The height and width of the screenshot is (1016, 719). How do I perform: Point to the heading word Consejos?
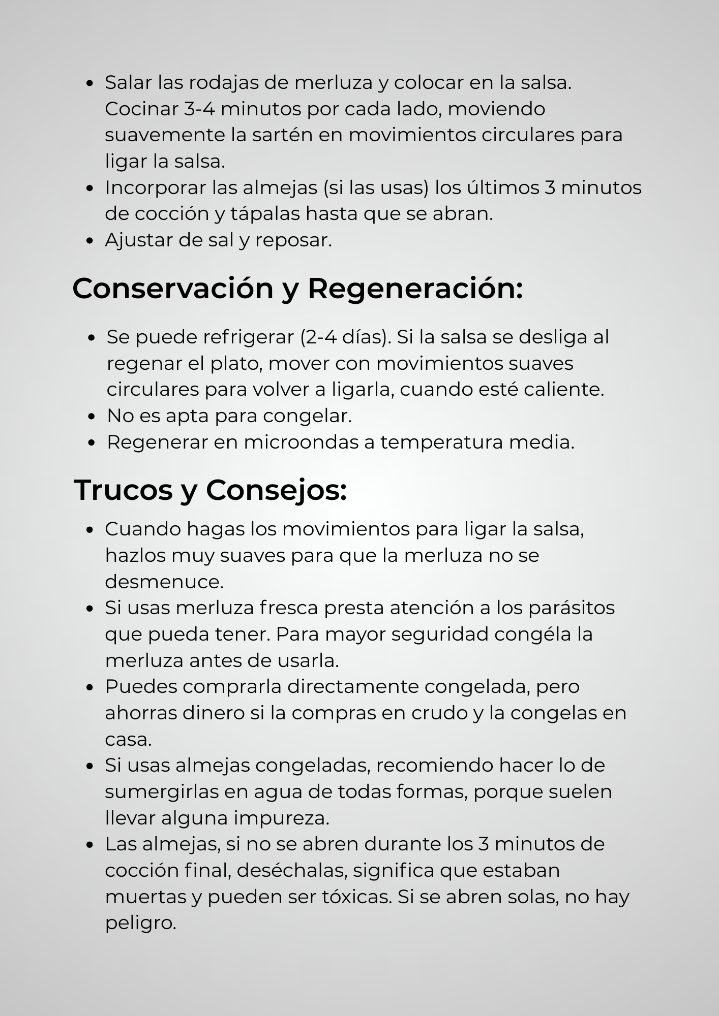pos(276,490)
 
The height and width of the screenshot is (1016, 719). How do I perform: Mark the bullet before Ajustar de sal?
pos(90,241)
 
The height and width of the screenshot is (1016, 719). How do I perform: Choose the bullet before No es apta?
pos(92,417)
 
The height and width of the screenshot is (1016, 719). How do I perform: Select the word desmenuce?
pos(164,582)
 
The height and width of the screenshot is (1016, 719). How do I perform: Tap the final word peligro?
pos(140,923)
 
